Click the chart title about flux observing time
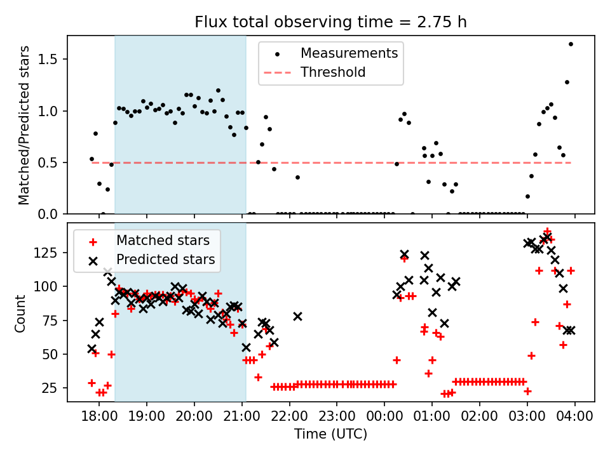330,22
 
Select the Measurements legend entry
349,53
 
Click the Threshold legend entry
333,72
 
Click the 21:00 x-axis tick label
242,418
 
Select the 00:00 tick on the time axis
384,418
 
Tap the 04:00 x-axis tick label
575,418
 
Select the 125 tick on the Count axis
49,253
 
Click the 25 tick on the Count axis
52,388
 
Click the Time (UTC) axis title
330,435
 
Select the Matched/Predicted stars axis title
24,125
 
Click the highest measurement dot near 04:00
571,44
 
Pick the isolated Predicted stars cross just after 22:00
297,316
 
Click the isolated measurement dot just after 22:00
297,177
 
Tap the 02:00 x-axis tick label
480,418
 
